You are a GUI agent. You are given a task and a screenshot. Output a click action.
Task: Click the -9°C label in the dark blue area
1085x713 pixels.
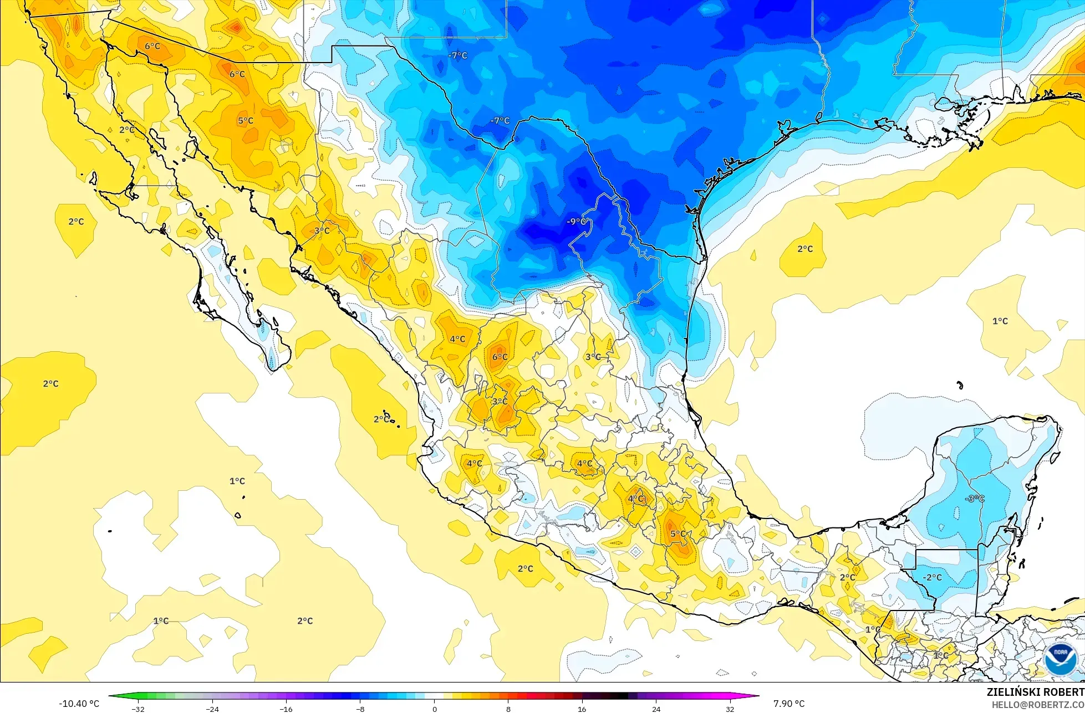[577, 222]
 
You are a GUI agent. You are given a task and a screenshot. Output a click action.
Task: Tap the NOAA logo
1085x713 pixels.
[1061, 659]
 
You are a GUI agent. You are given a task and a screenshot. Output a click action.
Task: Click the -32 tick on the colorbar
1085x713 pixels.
[138, 709]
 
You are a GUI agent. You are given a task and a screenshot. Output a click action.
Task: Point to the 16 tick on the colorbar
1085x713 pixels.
[582, 709]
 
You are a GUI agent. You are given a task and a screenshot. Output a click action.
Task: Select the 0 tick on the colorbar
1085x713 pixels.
[434, 709]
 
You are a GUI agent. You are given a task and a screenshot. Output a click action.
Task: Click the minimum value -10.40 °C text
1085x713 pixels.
[79, 704]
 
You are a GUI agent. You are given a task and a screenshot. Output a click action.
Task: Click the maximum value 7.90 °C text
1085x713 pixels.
[789, 704]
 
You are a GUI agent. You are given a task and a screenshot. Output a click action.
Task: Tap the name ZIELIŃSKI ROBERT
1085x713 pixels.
[1035, 692]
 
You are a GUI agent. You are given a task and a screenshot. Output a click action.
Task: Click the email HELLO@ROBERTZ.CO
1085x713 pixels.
[1038, 705]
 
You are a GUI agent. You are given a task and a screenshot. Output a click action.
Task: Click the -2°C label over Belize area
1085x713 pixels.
[932, 577]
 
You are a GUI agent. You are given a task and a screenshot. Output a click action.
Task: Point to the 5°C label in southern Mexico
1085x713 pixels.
[679, 534]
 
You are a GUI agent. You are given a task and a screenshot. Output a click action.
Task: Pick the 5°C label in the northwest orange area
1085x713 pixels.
[246, 121]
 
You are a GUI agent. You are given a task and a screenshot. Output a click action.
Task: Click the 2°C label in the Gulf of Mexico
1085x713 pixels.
[805, 249]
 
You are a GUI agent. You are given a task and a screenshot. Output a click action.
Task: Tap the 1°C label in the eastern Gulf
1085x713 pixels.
[1000, 321]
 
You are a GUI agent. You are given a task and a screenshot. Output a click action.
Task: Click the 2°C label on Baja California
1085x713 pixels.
[127, 130]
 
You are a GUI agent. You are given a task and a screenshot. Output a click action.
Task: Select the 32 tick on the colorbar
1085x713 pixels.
[730, 709]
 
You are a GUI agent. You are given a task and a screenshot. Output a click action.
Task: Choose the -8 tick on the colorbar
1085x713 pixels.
[360, 709]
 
